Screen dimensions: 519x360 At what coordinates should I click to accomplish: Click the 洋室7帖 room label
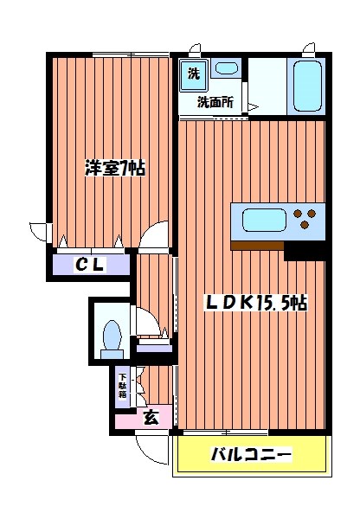[114, 168]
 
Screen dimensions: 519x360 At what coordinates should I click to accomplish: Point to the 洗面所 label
[215, 102]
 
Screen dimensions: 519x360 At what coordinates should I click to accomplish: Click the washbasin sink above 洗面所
[228, 68]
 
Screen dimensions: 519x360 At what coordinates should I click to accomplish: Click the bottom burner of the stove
[304, 226]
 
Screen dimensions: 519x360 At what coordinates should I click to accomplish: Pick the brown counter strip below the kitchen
[258, 245]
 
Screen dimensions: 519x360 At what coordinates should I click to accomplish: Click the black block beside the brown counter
[305, 250]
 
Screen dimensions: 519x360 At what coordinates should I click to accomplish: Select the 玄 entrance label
[151, 418]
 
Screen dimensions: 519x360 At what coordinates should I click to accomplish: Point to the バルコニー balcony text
[252, 454]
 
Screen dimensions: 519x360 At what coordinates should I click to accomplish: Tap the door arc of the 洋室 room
[157, 234]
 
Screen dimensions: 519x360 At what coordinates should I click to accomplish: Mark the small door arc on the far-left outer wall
[38, 232]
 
